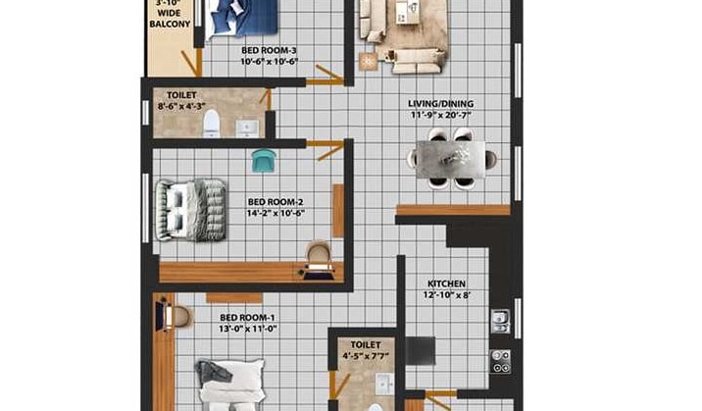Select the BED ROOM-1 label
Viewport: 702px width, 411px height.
point(247,318)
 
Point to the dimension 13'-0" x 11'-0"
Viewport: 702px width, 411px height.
point(247,330)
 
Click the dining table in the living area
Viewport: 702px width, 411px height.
point(451,158)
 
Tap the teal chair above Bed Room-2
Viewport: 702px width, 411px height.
point(262,160)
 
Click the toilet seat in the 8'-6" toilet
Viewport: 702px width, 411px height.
point(211,124)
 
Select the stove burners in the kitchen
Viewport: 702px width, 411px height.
point(500,360)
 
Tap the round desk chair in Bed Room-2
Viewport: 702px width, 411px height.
point(319,254)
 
